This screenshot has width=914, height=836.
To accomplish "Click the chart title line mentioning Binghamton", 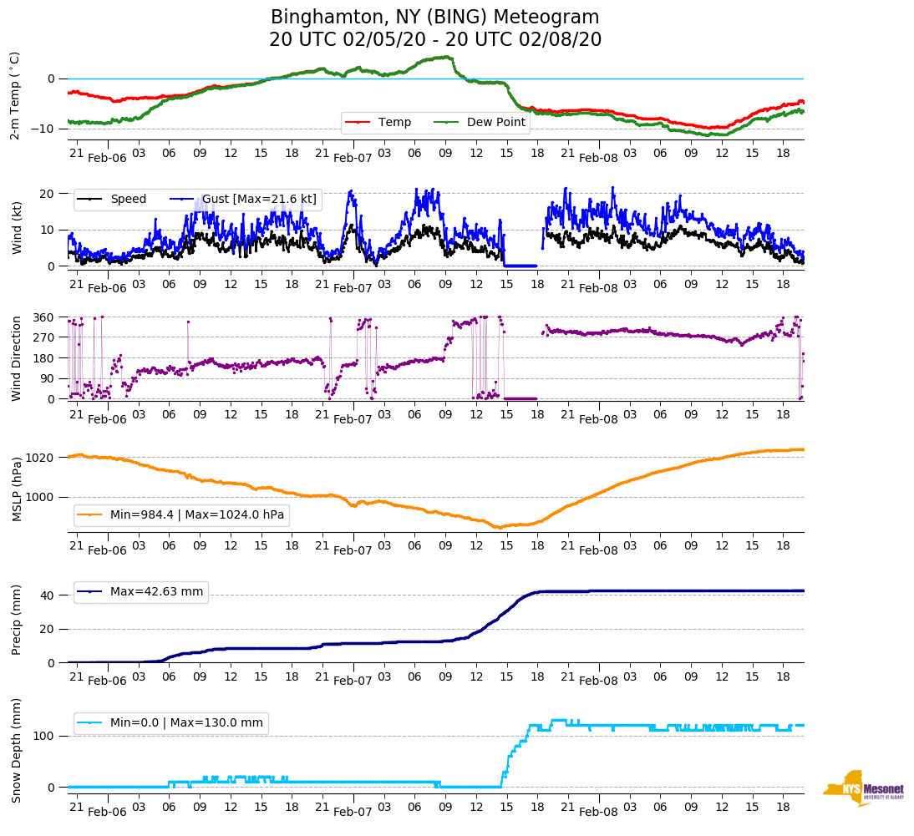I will [x=435, y=18].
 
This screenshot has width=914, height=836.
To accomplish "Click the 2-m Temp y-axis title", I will [x=15, y=95].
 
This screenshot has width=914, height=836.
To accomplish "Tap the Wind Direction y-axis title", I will [x=16, y=358].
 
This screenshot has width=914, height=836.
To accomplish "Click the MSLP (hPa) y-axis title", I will [x=16, y=489].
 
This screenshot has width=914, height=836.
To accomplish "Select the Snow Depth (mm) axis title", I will [x=16, y=750].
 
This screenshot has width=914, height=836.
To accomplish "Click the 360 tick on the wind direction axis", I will [x=44, y=317].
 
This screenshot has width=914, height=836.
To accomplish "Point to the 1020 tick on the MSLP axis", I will [x=41, y=458].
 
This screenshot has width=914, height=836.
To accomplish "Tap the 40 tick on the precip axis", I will [x=48, y=595].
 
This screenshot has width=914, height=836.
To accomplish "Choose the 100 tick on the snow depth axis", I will [x=44, y=736].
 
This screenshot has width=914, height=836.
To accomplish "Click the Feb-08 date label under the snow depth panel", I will [x=598, y=813].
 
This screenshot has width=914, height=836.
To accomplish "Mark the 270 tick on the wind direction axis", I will [x=44, y=337].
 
